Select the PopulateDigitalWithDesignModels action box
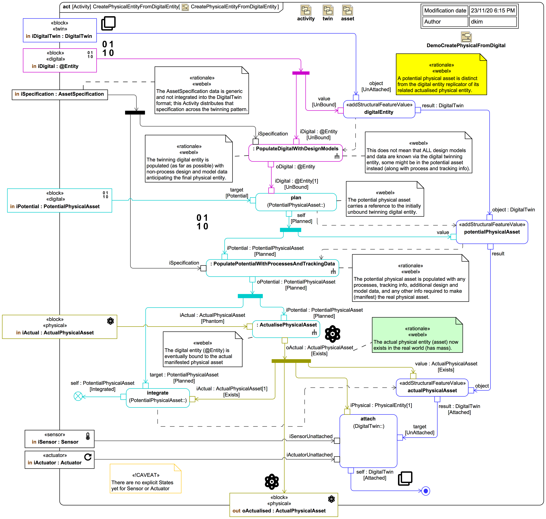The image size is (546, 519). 295,153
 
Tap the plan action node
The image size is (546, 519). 296,202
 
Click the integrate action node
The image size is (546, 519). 158,398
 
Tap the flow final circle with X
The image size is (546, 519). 78,396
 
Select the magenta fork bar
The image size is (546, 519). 301,73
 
